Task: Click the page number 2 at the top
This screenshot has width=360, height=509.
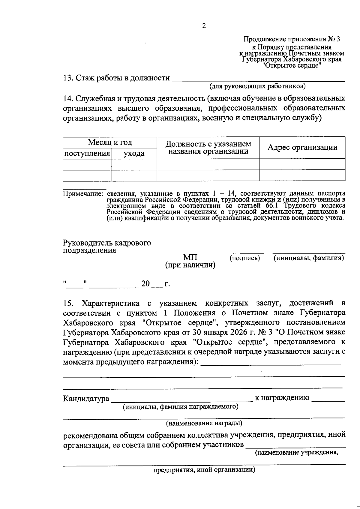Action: coord(204,26)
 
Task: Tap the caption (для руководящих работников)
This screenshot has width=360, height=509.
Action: coord(257,87)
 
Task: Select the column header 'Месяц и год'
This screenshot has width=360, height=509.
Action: coord(110,142)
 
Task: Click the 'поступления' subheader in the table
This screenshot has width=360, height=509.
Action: coord(87,154)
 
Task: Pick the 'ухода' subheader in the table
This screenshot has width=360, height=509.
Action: coord(134,154)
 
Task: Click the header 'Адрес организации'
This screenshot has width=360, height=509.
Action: coord(302,147)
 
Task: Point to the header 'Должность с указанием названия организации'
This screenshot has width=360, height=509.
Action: coord(208,148)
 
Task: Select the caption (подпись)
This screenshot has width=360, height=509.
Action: coord(244,258)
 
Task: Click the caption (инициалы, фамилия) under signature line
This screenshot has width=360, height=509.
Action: coord(309,258)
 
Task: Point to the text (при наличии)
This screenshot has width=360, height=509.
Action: coord(190,265)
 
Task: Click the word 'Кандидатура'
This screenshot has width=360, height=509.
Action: coord(86,399)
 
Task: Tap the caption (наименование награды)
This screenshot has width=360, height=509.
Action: coord(204,423)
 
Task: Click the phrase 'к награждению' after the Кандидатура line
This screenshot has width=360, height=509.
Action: coord(282,398)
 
